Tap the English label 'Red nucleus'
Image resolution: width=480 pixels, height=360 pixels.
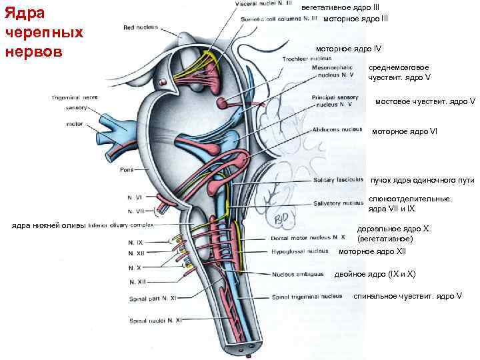coord(140,27)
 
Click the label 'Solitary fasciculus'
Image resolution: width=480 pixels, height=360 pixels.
coord(337,181)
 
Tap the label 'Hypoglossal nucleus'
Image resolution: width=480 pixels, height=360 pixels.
coord(299,251)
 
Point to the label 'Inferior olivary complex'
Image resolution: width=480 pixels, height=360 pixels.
coord(120,225)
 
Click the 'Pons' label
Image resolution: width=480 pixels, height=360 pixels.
coord(127,169)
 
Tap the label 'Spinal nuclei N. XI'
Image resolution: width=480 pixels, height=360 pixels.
coord(155,320)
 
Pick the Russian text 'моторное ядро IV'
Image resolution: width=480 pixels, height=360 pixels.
coord(349,49)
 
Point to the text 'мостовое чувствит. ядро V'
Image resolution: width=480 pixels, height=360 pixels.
coord(425,102)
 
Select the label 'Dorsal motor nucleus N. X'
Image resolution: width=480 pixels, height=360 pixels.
coord(308,237)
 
